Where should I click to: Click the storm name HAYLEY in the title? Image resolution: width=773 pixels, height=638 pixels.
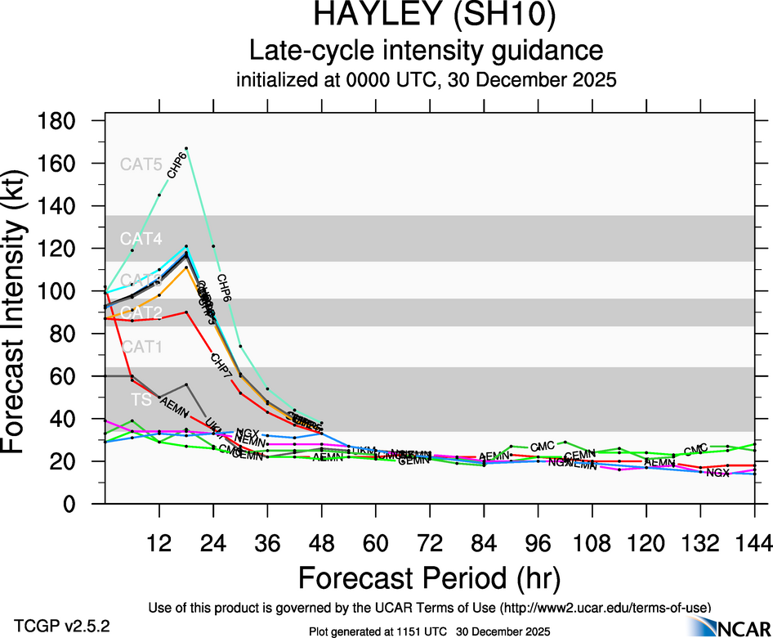point(370,16)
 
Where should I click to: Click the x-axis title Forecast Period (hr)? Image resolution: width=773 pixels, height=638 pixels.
point(429,577)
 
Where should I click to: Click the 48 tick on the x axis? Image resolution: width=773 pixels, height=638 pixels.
point(321,541)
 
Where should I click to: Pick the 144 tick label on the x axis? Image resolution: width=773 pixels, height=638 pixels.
point(753,541)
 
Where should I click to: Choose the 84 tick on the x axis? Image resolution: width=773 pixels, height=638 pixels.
point(484,541)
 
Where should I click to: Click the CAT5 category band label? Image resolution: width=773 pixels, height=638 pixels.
point(141,164)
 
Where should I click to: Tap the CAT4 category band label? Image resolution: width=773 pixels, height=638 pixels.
point(141,239)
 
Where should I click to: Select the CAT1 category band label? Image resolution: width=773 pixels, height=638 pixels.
point(141,347)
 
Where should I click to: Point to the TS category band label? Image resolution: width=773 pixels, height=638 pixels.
point(141,400)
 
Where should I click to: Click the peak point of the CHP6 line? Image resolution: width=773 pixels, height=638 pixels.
point(186,149)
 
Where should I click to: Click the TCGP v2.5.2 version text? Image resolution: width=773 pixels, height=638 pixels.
point(62,626)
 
